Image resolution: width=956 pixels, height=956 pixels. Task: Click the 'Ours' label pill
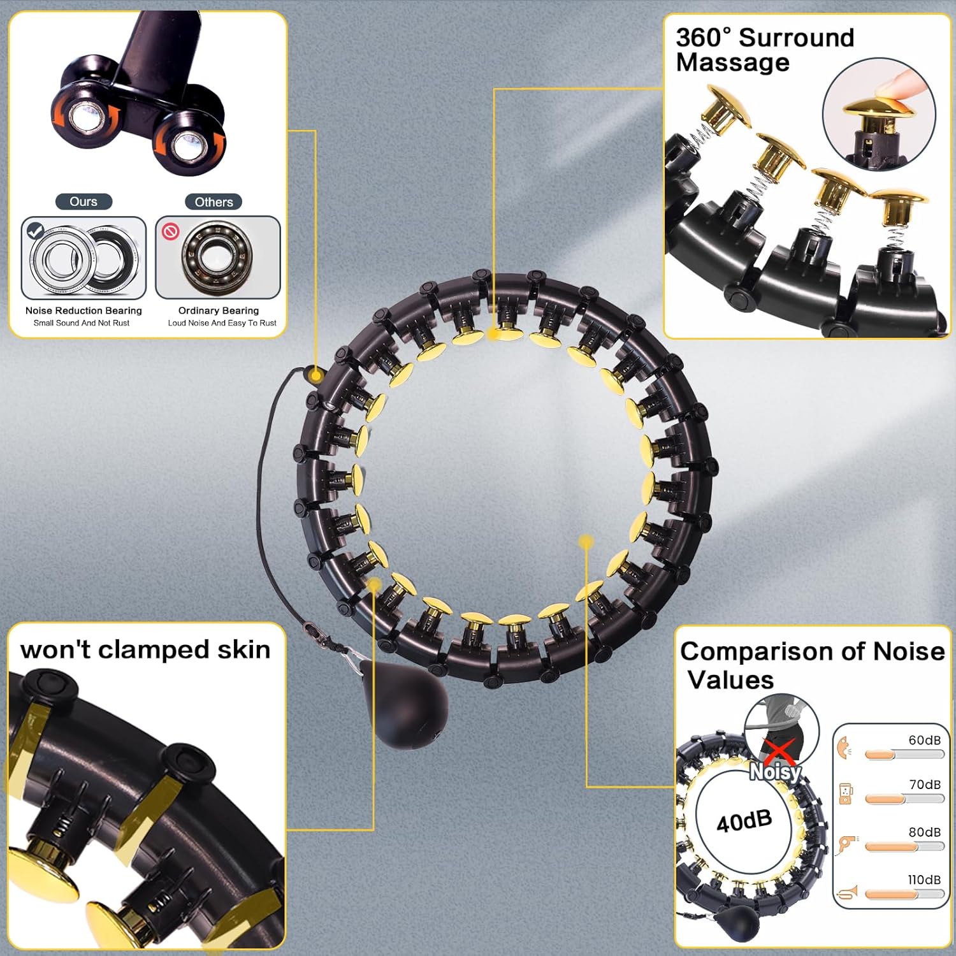coord(83,202)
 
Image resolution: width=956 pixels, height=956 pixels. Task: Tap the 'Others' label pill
coord(214,202)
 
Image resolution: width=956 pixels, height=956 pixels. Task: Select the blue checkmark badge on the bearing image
coord(36,231)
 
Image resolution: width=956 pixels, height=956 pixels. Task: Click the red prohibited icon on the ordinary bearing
coord(170,231)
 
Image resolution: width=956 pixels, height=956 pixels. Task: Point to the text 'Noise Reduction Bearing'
coord(83,310)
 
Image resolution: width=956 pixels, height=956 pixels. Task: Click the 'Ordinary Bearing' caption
coord(219,310)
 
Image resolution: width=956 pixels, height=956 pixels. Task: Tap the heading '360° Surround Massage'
coord(765,50)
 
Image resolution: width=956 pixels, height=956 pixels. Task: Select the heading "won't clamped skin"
coord(145,649)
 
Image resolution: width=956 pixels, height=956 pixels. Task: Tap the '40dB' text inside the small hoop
coord(744,821)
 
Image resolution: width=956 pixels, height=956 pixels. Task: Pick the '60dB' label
coord(924,740)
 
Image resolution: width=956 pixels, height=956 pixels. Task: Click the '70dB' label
coord(924,785)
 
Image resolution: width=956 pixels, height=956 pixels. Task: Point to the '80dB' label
coord(924,832)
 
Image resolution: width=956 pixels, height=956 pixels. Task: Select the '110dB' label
coord(923,880)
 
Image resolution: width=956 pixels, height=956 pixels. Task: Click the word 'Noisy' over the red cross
coord(775,772)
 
